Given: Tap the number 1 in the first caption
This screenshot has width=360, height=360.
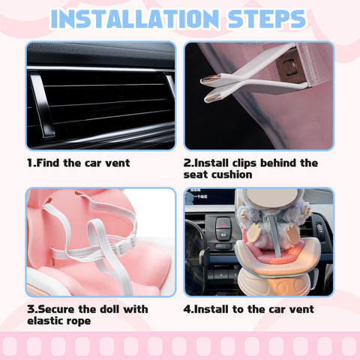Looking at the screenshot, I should click(x=30, y=163).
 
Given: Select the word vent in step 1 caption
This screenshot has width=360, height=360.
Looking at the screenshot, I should click(x=115, y=163).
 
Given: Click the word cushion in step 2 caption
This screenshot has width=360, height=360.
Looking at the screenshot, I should click(x=231, y=175).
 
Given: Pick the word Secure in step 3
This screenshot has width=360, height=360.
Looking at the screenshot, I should click(x=57, y=309).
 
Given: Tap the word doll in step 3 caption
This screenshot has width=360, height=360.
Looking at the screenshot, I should click(x=108, y=309).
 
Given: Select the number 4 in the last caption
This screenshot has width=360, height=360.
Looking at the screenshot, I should click(x=187, y=309).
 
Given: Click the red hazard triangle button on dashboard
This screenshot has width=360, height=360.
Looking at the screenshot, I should click(x=223, y=224).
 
